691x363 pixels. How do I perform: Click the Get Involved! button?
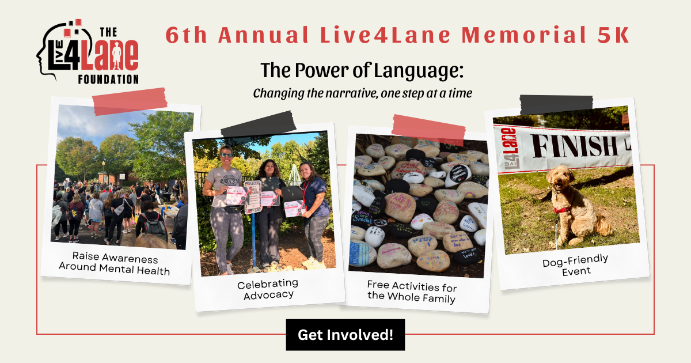tap(345, 335)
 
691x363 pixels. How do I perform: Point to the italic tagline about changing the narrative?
tap(362, 93)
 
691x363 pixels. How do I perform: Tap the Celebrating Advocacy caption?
tap(268, 289)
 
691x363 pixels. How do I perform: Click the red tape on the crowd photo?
tap(130, 102)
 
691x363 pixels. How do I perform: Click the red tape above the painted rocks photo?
tap(428, 127)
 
